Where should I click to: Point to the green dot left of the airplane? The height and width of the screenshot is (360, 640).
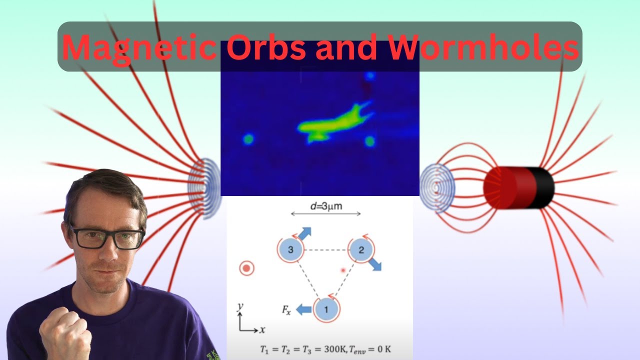[x=248, y=139]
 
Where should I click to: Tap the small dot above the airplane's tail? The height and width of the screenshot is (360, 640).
[x=369, y=76]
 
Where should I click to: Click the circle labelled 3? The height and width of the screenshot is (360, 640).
[x=290, y=249]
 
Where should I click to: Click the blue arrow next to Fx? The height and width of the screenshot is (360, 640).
[x=303, y=310]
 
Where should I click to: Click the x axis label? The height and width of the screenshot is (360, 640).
[x=262, y=330]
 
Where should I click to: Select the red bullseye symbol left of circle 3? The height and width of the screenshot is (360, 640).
[x=246, y=268]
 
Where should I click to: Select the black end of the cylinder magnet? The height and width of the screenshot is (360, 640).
[x=544, y=188]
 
